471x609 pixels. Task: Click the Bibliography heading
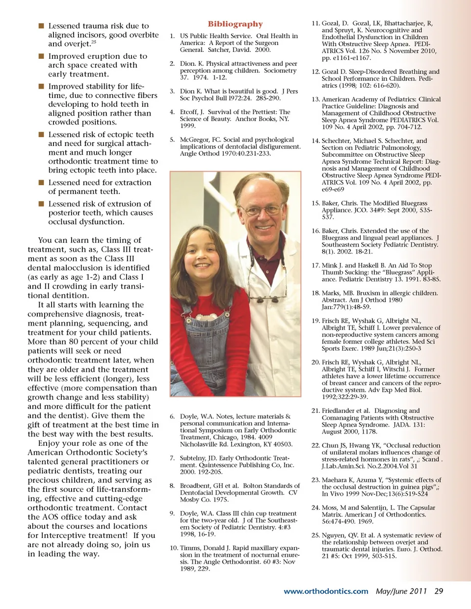235,24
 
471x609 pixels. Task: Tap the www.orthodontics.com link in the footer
326,591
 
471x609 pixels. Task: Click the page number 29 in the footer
439,591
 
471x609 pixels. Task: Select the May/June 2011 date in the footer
401,591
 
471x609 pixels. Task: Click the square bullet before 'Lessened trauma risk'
42,25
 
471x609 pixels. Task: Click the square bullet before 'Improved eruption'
42,56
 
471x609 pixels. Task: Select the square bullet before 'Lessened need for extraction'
42,182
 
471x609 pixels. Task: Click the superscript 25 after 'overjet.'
94,42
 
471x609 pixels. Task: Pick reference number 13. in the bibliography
315,99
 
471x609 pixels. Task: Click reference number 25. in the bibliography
315,536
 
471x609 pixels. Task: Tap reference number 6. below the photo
172,416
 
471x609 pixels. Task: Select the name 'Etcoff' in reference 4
188,112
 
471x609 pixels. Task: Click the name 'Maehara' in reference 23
335,480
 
